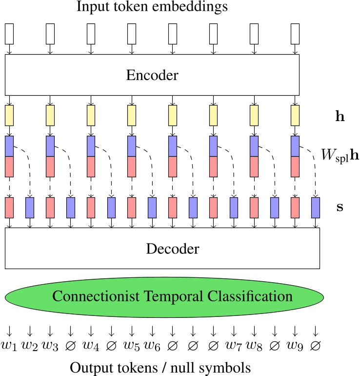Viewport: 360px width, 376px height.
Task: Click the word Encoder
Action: [x=152, y=75]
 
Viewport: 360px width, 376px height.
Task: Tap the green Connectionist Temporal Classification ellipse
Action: [x=164, y=296]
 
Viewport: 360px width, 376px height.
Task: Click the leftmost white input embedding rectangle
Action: [x=9, y=33]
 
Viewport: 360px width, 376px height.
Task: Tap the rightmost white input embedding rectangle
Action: [x=295, y=33]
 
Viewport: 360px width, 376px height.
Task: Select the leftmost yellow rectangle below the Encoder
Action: [x=9, y=115]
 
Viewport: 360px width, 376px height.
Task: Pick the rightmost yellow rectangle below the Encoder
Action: [x=295, y=115]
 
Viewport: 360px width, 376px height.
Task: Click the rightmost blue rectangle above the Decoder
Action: [x=316, y=207]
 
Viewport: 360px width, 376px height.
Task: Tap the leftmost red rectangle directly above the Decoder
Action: [x=9, y=207]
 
